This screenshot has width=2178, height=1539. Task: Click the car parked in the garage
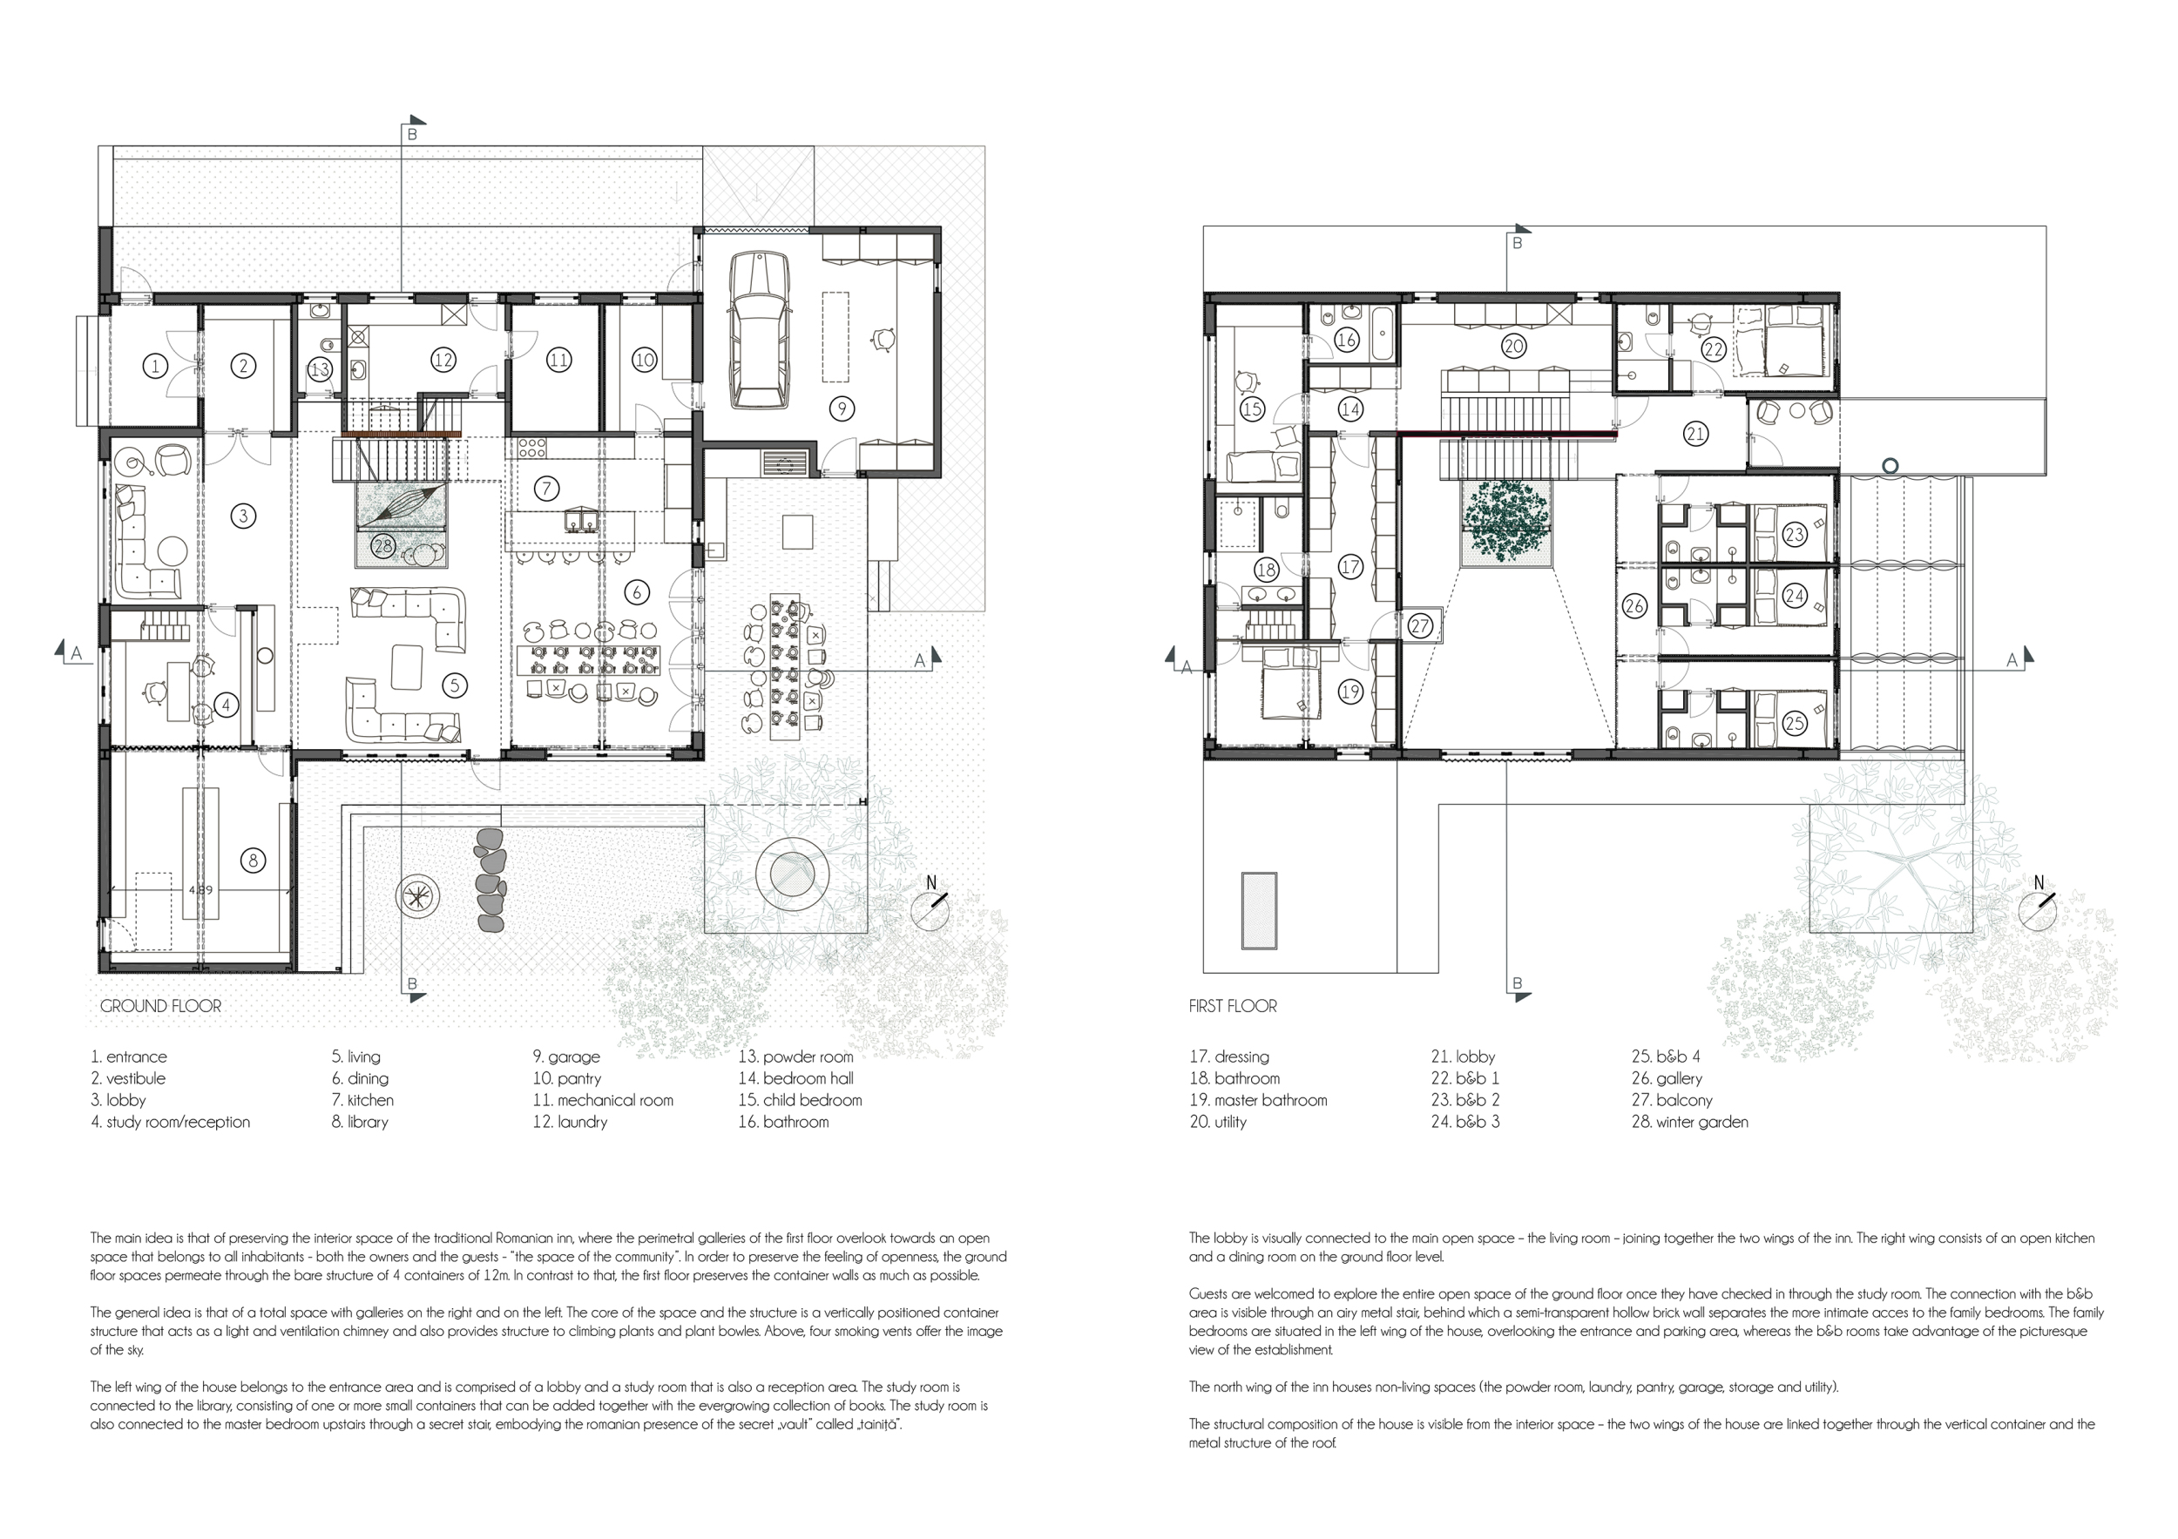click(760, 329)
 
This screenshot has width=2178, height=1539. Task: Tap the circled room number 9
click(842, 408)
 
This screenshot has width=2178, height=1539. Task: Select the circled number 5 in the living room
click(456, 685)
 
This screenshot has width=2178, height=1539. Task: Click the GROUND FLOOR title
click(160, 1006)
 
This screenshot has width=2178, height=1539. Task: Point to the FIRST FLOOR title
click(1234, 1006)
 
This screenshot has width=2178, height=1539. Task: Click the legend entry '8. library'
click(361, 1122)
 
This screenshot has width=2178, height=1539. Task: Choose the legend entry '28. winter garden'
click(1689, 1122)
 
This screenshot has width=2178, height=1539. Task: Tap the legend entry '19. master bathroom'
click(1259, 1100)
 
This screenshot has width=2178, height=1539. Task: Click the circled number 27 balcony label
click(1420, 627)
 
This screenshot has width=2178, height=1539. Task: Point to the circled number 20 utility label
click(1514, 346)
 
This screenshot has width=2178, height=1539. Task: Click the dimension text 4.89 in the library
click(201, 890)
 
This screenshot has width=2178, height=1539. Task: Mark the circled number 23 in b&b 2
click(1794, 535)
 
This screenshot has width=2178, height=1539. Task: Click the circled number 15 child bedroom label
click(1252, 409)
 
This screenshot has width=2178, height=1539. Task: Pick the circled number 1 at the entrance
click(156, 365)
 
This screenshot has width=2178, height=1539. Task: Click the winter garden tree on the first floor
click(1506, 517)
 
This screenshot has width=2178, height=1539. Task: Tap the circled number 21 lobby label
click(1695, 435)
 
